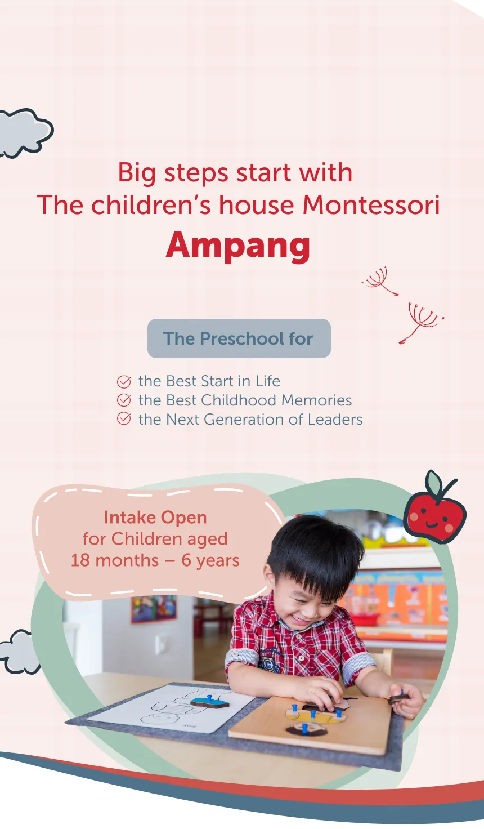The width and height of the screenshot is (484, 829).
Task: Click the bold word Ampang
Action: (x=238, y=245)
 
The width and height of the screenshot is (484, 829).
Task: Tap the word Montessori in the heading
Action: (x=371, y=205)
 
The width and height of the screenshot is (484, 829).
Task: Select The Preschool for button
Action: (x=239, y=338)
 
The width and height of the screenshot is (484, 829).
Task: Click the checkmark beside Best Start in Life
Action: (x=124, y=382)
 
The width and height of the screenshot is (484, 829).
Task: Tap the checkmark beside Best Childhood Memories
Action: (x=124, y=400)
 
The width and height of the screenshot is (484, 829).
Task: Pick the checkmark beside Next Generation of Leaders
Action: (x=124, y=419)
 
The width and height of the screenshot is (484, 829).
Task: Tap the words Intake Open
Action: (x=155, y=518)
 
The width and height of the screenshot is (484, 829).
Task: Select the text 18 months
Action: (x=115, y=560)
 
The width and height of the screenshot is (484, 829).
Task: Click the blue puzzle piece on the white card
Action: (x=209, y=702)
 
